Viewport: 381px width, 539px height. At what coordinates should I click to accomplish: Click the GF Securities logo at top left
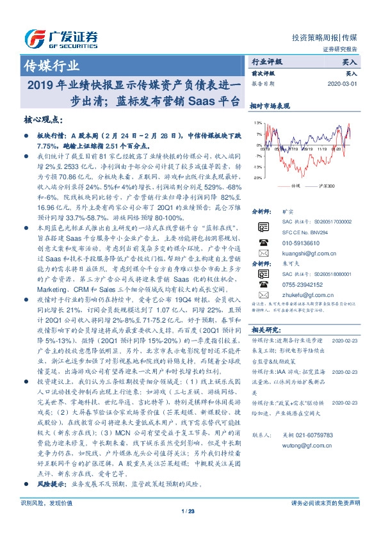61,38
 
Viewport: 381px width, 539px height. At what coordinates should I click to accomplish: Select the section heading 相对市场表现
270,106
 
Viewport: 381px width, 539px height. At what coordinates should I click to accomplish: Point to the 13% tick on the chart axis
257,122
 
